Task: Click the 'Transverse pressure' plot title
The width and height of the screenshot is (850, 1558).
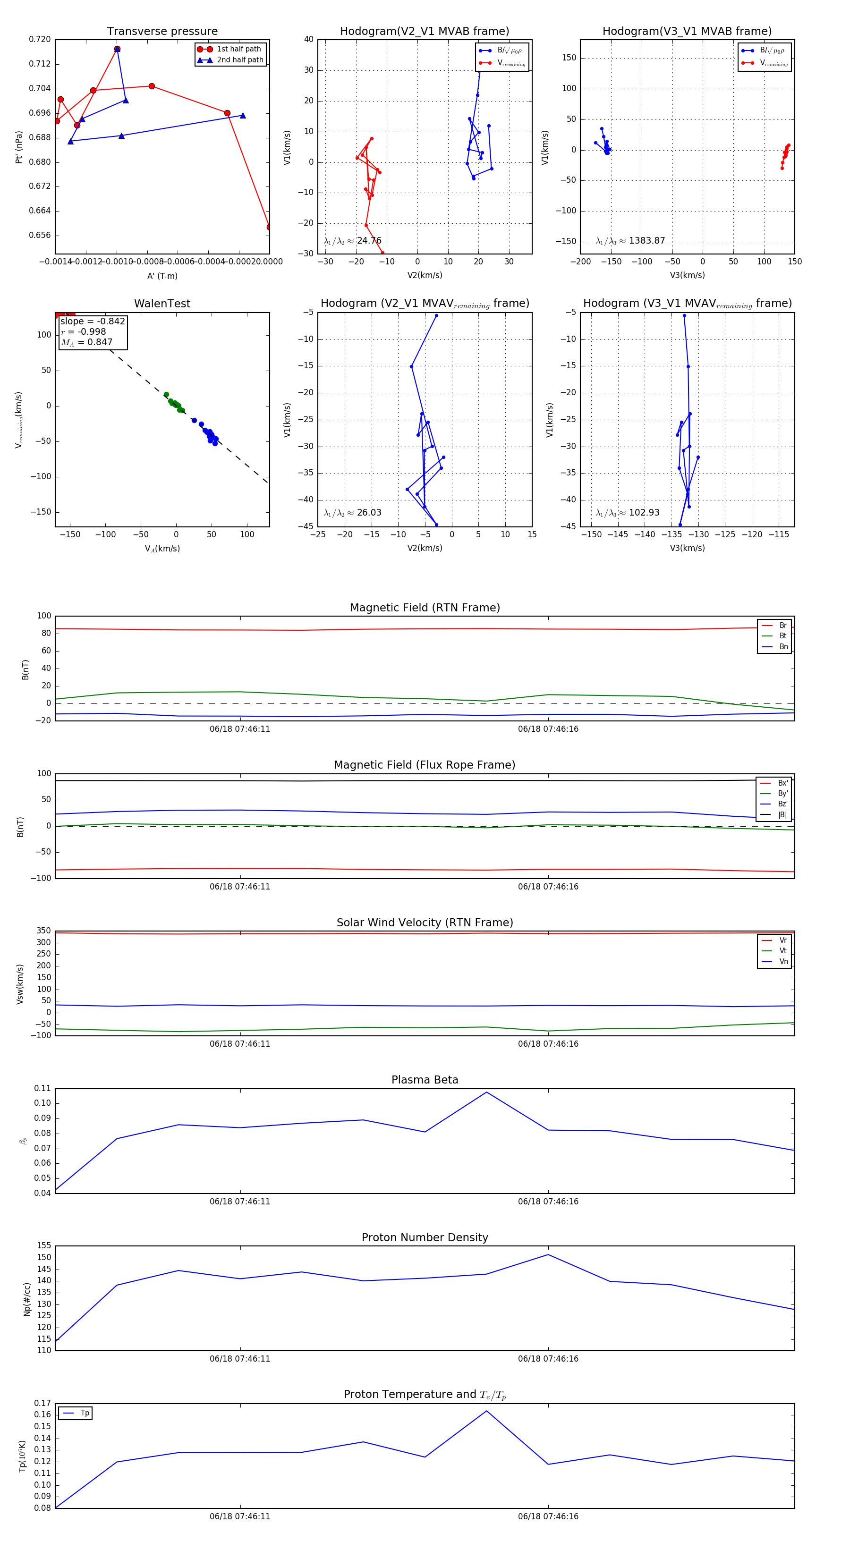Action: tap(162, 32)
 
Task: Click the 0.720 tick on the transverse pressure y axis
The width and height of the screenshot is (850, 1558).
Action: tap(40, 39)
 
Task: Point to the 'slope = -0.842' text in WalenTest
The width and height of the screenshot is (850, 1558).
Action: tap(93, 321)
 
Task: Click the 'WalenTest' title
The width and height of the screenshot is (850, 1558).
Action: tap(162, 304)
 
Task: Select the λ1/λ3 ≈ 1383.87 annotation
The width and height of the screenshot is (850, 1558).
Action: tap(630, 241)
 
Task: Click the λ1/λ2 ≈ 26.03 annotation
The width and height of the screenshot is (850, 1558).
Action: tap(353, 513)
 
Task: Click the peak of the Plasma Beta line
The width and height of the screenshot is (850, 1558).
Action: tap(486, 1092)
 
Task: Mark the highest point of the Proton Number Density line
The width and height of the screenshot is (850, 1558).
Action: tap(548, 1254)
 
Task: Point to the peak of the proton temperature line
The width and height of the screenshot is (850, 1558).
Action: tap(486, 1411)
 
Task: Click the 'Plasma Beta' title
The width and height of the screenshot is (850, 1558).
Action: tap(425, 1080)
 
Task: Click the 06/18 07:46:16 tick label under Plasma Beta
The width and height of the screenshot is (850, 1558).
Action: tap(548, 1201)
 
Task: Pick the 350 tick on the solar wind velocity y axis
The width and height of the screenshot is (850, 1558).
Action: tap(43, 931)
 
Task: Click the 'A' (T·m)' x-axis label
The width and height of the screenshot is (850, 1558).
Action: tap(162, 276)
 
